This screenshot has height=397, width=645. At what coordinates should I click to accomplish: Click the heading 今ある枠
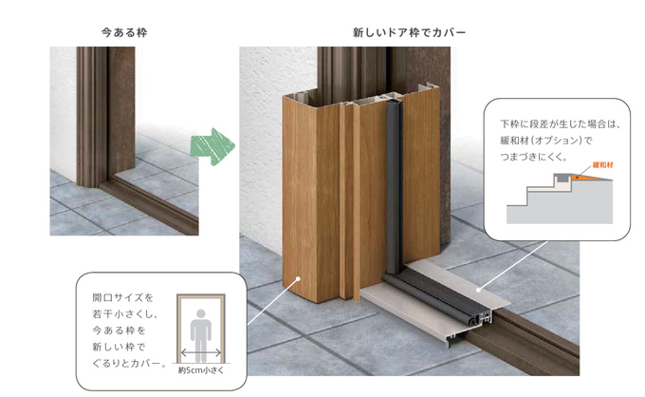click(124, 32)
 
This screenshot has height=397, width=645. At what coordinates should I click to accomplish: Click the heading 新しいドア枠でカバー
click(410, 32)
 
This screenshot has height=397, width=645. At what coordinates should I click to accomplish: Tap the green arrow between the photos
click(212, 146)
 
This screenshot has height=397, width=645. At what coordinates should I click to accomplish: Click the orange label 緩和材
click(602, 165)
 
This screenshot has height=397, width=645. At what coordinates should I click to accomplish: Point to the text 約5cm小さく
click(201, 370)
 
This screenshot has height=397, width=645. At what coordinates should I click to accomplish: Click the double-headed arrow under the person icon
click(201, 353)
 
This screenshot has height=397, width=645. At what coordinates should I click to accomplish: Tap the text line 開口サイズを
click(122, 297)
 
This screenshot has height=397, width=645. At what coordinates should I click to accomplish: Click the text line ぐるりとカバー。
click(130, 364)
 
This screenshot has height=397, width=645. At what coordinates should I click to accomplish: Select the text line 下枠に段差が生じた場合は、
click(560, 124)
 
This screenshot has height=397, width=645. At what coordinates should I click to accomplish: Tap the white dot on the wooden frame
click(298, 279)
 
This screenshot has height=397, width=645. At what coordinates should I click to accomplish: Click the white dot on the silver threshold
click(478, 290)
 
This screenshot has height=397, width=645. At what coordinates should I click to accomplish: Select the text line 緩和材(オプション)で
click(545, 141)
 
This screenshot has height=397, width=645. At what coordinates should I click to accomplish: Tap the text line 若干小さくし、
click(125, 313)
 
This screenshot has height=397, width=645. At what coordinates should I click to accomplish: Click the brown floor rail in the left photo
click(150, 205)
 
